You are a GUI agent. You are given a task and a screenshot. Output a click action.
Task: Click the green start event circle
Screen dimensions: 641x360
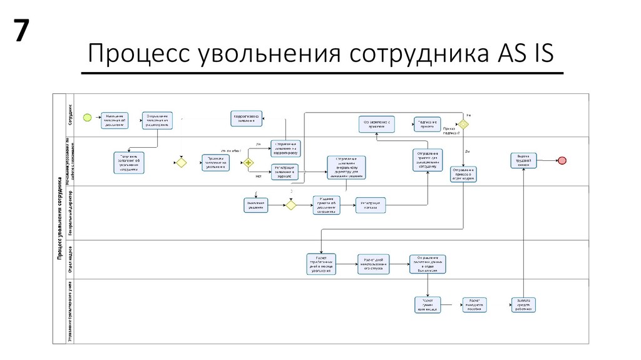coord(88,117)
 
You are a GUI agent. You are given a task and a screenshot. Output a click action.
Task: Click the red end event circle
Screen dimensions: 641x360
coord(562,160)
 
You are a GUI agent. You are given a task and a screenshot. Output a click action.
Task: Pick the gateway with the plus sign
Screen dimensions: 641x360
coord(249,162)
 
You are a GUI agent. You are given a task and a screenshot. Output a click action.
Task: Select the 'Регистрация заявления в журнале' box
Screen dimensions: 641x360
coord(284,172)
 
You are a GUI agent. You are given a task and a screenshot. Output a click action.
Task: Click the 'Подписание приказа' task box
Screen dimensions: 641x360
coord(428,123)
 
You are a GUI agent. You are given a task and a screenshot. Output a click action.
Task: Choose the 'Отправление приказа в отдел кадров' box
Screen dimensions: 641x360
coord(463,173)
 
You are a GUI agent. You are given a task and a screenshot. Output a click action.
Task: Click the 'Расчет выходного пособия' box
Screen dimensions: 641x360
coord(474,305)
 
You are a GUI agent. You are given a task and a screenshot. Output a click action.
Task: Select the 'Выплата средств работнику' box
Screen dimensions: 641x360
coord(524,304)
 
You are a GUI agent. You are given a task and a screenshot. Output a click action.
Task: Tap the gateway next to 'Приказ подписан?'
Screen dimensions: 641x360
coord(463,123)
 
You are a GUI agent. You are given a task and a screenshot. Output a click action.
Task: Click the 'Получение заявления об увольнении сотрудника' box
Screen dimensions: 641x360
coord(129,162)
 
